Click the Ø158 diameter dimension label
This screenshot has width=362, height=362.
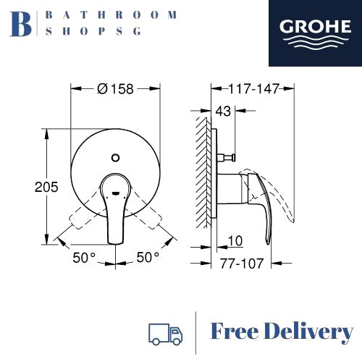tap(115, 89)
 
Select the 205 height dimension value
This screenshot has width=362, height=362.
tap(46, 187)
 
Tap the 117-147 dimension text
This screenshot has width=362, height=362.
tap(253, 89)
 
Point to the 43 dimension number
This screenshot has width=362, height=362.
tap(223, 111)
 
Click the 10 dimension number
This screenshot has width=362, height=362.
tap(235, 241)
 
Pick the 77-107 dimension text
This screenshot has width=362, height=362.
tap(242, 264)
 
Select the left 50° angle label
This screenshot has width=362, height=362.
tap(84, 258)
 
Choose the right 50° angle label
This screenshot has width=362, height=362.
tap(148, 257)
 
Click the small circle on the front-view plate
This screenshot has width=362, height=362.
tap(116, 158)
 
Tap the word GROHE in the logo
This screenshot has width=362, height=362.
tap(315, 27)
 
